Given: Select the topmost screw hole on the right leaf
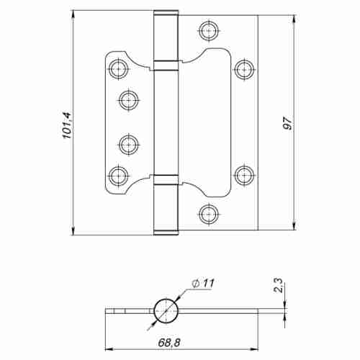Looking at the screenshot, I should [x=209, y=30].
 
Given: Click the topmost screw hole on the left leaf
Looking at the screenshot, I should [x=119, y=68].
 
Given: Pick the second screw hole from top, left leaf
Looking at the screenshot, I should [x=129, y=99].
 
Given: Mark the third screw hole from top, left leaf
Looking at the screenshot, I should [x=129, y=143].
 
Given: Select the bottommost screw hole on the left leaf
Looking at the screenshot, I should [x=119, y=174].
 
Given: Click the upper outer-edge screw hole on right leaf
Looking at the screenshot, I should [x=244, y=68].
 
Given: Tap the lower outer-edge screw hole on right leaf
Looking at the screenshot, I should [x=244, y=174].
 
